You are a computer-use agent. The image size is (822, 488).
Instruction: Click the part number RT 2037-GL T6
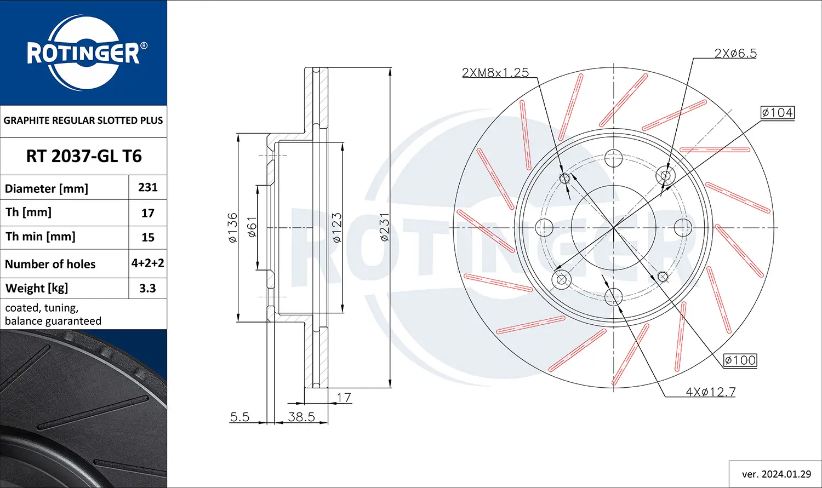tap(84, 156)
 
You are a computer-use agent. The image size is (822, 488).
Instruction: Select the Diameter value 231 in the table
tap(148, 187)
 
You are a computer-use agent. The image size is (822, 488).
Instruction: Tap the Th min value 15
tap(148, 237)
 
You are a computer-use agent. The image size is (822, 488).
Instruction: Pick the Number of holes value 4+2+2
tap(148, 263)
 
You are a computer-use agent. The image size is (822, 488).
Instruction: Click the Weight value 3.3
tap(147, 288)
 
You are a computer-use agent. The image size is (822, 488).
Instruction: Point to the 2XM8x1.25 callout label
tap(495, 72)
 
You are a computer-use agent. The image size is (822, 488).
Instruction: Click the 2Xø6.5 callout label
tap(735, 53)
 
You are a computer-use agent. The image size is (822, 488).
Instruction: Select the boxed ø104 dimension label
tap(777, 113)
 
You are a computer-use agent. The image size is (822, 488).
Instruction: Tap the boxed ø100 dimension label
tap(740, 360)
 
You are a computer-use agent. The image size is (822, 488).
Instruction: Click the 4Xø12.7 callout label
tap(710, 392)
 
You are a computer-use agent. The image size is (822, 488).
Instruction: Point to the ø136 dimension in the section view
tap(232, 227)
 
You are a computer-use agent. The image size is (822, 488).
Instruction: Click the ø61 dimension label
tap(252, 227)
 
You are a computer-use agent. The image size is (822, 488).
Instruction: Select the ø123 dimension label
tap(336, 227)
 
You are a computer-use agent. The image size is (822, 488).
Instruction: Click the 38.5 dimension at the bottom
tap(301, 417)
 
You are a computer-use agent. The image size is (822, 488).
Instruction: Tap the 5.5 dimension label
tap(239, 417)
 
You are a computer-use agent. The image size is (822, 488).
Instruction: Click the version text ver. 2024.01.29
tap(776, 474)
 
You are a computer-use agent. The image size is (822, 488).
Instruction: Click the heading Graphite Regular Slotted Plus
tap(83, 120)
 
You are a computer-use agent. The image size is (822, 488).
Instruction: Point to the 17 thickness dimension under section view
tap(344, 398)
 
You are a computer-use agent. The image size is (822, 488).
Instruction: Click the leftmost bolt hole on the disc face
tap(544, 226)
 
